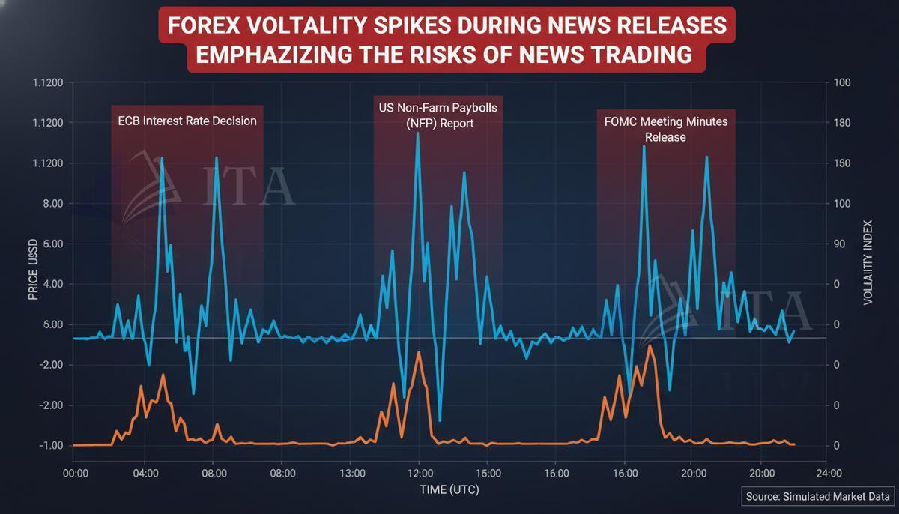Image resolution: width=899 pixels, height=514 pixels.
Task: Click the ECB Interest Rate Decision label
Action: pyautogui.click(x=187, y=121)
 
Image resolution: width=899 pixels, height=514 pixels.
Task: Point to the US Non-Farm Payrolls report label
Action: pyautogui.click(x=438, y=115)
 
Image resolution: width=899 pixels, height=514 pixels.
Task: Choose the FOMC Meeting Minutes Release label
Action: pyautogui.click(x=665, y=129)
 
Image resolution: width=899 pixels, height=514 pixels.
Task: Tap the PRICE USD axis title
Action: pyautogui.click(x=33, y=270)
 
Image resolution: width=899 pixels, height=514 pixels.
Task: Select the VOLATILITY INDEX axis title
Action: pyautogui.click(x=868, y=262)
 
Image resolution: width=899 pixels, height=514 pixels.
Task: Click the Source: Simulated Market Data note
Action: pyautogui.click(x=818, y=496)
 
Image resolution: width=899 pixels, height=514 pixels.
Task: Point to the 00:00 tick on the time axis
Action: pyautogui.click(x=76, y=473)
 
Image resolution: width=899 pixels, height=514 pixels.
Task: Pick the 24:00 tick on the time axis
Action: pyautogui.click(x=828, y=473)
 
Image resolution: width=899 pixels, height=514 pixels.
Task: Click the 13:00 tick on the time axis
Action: pyautogui.click(x=352, y=473)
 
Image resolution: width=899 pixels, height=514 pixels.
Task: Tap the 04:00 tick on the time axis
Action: pyautogui.click(x=145, y=473)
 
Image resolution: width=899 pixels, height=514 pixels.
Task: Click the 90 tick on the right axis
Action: pyautogui.click(x=839, y=244)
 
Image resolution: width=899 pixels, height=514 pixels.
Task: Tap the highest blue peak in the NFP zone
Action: pyautogui.click(x=418, y=133)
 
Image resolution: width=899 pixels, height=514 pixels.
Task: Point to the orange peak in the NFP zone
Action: pyautogui.click(x=418, y=352)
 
